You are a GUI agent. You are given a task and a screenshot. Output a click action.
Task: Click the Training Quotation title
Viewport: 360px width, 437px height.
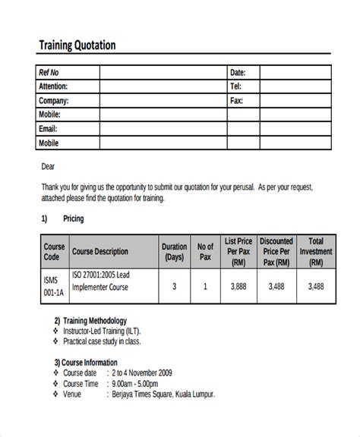pyautogui.click(x=77, y=45)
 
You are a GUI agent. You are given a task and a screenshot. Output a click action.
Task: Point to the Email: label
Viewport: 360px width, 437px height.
pyautogui.click(x=49, y=128)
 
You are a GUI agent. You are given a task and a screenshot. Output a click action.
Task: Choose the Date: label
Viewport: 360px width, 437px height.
pyautogui.click(x=238, y=73)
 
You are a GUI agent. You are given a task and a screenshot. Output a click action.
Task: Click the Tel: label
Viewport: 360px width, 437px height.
pyautogui.click(x=235, y=86)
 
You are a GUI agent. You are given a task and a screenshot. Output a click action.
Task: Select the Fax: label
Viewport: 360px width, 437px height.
pyautogui.click(x=236, y=100)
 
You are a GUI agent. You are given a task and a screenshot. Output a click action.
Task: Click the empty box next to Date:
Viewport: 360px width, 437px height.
pyautogui.click(x=295, y=73)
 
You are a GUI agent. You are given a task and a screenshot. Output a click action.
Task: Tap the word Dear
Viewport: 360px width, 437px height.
pyautogui.click(x=47, y=166)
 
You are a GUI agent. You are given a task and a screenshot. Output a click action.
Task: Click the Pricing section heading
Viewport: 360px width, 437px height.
pyautogui.click(x=74, y=219)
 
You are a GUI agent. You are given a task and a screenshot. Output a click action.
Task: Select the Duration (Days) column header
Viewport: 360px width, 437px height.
pyautogui.click(x=174, y=252)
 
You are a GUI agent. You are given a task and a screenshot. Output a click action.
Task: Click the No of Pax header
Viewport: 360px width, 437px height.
pyautogui.click(x=205, y=252)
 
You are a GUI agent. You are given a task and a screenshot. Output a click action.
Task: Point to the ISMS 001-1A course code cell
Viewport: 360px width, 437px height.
pyautogui.click(x=54, y=287)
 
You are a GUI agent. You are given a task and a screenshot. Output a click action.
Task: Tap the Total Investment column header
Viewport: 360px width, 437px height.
pyautogui.click(x=315, y=252)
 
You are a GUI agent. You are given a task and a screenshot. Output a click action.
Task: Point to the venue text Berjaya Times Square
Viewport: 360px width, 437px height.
pyautogui.click(x=163, y=395)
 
